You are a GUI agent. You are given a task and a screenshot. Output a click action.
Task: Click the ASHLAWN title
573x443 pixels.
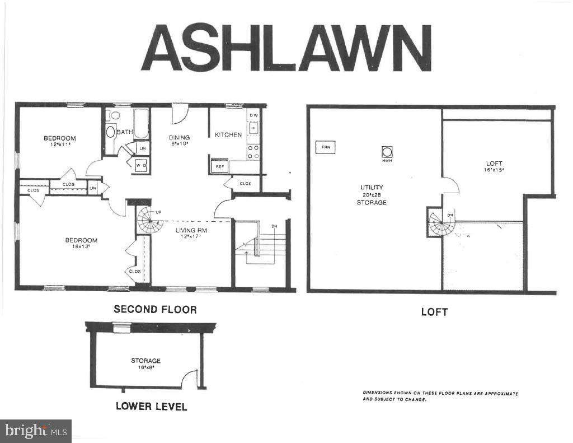point(286,48)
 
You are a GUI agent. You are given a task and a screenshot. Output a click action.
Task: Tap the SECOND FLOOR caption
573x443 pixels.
point(155,309)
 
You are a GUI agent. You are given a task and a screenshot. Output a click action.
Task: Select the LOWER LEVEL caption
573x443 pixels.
point(151,406)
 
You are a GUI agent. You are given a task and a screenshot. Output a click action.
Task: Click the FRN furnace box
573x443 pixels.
point(326,148)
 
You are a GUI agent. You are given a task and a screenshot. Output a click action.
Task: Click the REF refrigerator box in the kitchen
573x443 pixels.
point(219,166)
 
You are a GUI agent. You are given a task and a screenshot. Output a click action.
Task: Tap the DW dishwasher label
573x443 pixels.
point(253,115)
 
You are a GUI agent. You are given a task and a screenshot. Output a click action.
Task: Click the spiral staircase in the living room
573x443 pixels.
point(148,220)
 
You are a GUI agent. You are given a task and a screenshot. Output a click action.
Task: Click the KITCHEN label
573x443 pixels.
point(228,134)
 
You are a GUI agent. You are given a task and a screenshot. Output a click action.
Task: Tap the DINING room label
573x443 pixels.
point(180,137)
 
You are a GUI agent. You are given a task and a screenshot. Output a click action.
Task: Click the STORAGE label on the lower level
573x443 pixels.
point(145,361)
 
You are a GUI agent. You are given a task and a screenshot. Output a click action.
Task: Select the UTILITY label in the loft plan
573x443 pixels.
point(372,187)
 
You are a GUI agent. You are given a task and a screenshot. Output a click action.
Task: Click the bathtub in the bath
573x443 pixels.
point(140,124)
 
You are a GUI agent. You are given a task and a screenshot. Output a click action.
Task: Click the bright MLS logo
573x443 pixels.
point(36,431)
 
